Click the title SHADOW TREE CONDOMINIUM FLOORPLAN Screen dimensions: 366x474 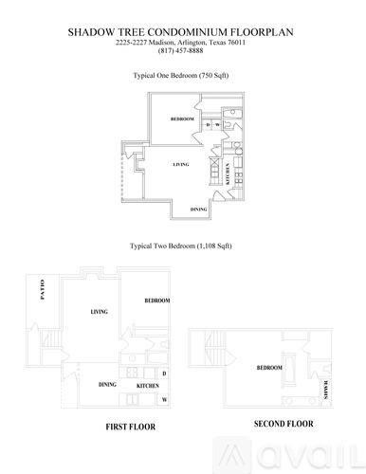coord(182,31)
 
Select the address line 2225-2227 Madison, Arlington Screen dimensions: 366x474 coord(182,42)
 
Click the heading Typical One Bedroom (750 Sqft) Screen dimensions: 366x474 coord(182,74)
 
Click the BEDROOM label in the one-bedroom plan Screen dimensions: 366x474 coord(183,119)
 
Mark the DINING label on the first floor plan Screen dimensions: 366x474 coord(106,385)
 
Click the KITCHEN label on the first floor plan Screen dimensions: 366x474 coord(147,386)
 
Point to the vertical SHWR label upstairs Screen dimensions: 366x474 coord(326,389)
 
